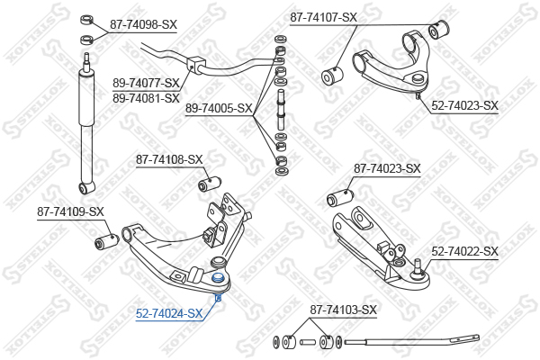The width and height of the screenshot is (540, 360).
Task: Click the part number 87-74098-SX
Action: [x=143, y=24]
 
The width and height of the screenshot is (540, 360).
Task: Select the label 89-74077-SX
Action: [x=146, y=83]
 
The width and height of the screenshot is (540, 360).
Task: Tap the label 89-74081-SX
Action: [x=146, y=98]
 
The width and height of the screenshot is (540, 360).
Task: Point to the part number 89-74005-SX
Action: [x=219, y=109]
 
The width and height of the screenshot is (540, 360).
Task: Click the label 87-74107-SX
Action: [x=323, y=17]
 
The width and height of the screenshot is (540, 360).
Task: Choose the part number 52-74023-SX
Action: [x=465, y=105]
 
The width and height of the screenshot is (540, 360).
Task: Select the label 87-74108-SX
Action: [x=169, y=159]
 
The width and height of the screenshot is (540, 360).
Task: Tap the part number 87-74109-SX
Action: [x=70, y=211]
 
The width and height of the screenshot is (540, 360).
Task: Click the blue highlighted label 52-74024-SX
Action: [x=169, y=313]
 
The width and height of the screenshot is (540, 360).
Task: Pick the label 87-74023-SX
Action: [x=387, y=168]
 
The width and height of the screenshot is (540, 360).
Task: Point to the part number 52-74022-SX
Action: [x=465, y=251]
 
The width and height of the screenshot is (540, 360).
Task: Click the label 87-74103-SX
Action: [x=344, y=310]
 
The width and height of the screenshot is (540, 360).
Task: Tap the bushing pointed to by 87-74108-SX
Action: [x=210, y=184]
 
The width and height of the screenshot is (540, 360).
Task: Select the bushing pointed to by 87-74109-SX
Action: [x=106, y=241]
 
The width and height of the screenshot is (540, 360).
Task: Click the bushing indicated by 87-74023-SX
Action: [x=340, y=197]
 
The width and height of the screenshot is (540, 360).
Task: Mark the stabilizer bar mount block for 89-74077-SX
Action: [x=196, y=65]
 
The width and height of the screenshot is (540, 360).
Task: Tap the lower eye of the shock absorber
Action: [x=85, y=188]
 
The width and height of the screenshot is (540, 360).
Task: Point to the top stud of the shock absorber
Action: [x=86, y=60]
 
